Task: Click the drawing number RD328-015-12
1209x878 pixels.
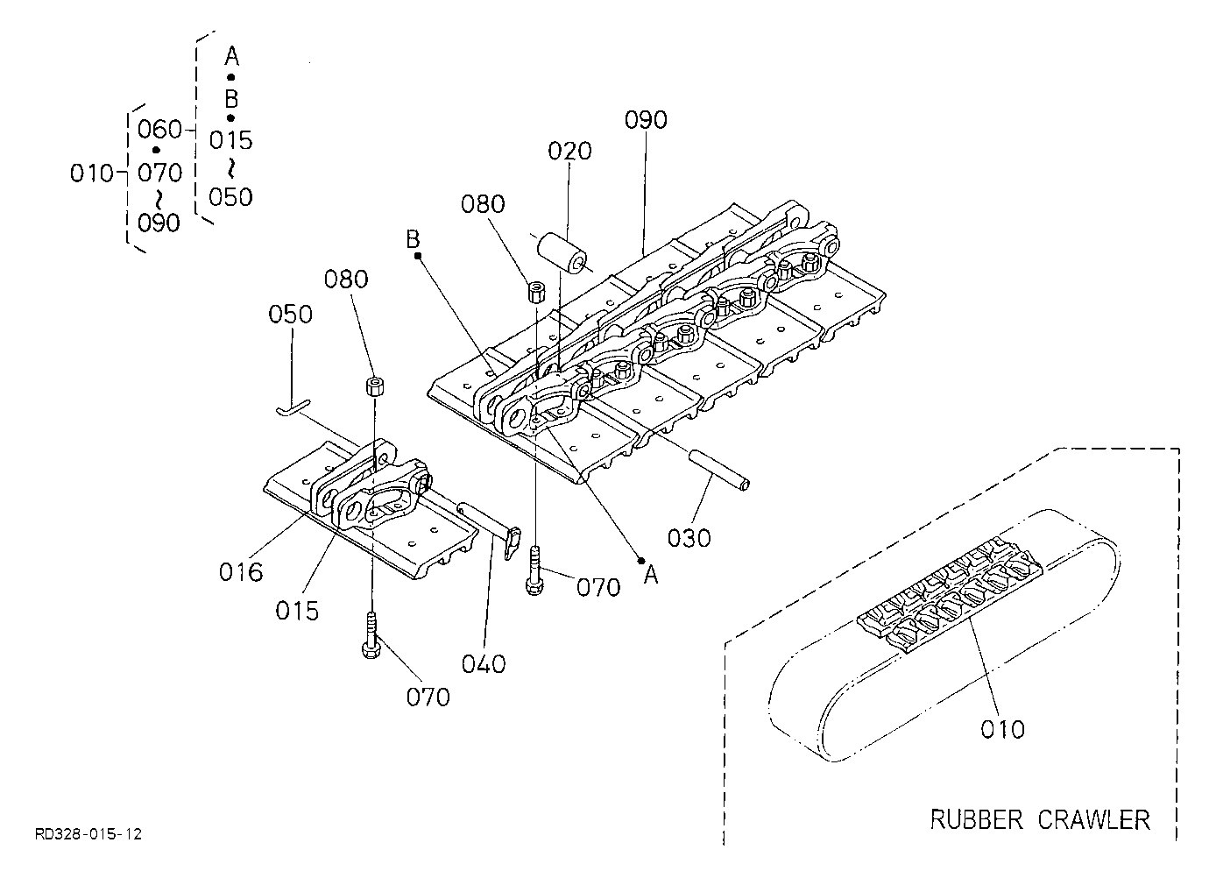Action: [88, 834]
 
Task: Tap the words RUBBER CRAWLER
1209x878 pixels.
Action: [1040, 819]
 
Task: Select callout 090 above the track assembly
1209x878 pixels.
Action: [646, 120]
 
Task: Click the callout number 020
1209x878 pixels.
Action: [569, 151]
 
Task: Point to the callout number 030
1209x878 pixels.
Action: [689, 538]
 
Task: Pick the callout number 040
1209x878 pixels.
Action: [484, 664]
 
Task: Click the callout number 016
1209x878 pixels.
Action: [241, 572]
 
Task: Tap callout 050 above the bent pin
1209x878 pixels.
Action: [290, 315]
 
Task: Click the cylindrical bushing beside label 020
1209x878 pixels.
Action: [562, 253]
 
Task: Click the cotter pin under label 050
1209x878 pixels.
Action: [294, 407]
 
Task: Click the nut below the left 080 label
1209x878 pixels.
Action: [375, 386]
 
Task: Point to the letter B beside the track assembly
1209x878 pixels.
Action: [413, 239]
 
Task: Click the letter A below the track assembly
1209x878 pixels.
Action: [652, 576]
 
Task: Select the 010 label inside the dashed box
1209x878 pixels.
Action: [1002, 730]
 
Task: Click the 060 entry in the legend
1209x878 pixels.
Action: [159, 130]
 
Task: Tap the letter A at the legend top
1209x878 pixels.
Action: [231, 55]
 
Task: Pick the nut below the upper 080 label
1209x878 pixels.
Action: [536, 292]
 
